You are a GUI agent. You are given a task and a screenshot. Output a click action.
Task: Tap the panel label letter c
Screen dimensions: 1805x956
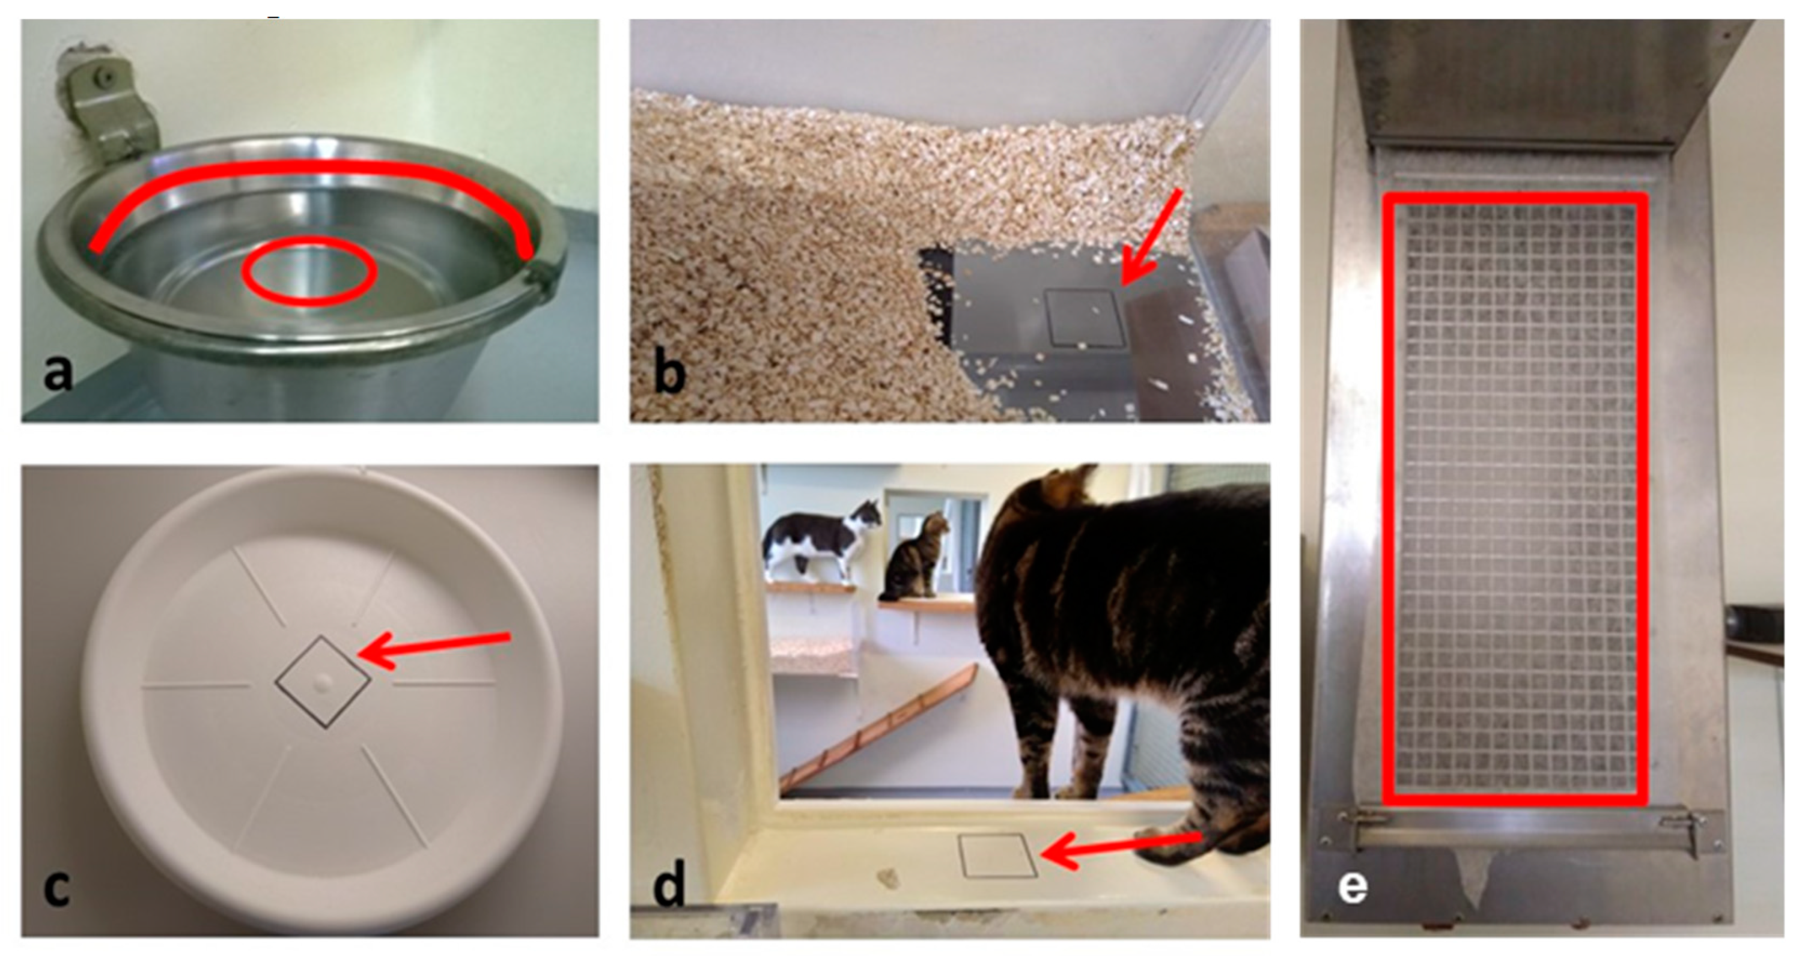pyautogui.click(x=56, y=888)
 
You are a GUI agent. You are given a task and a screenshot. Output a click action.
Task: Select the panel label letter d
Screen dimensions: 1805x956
pyautogui.click(x=669, y=885)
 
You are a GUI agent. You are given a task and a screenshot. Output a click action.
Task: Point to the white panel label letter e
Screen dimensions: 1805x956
pyautogui.click(x=1353, y=888)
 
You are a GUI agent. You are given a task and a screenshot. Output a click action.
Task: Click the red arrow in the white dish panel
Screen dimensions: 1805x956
pyautogui.click(x=434, y=650)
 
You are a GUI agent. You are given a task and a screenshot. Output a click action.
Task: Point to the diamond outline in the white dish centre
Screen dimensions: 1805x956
pyautogui.click(x=322, y=681)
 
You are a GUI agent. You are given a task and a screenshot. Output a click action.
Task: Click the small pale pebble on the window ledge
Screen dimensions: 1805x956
pyautogui.click(x=887, y=879)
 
